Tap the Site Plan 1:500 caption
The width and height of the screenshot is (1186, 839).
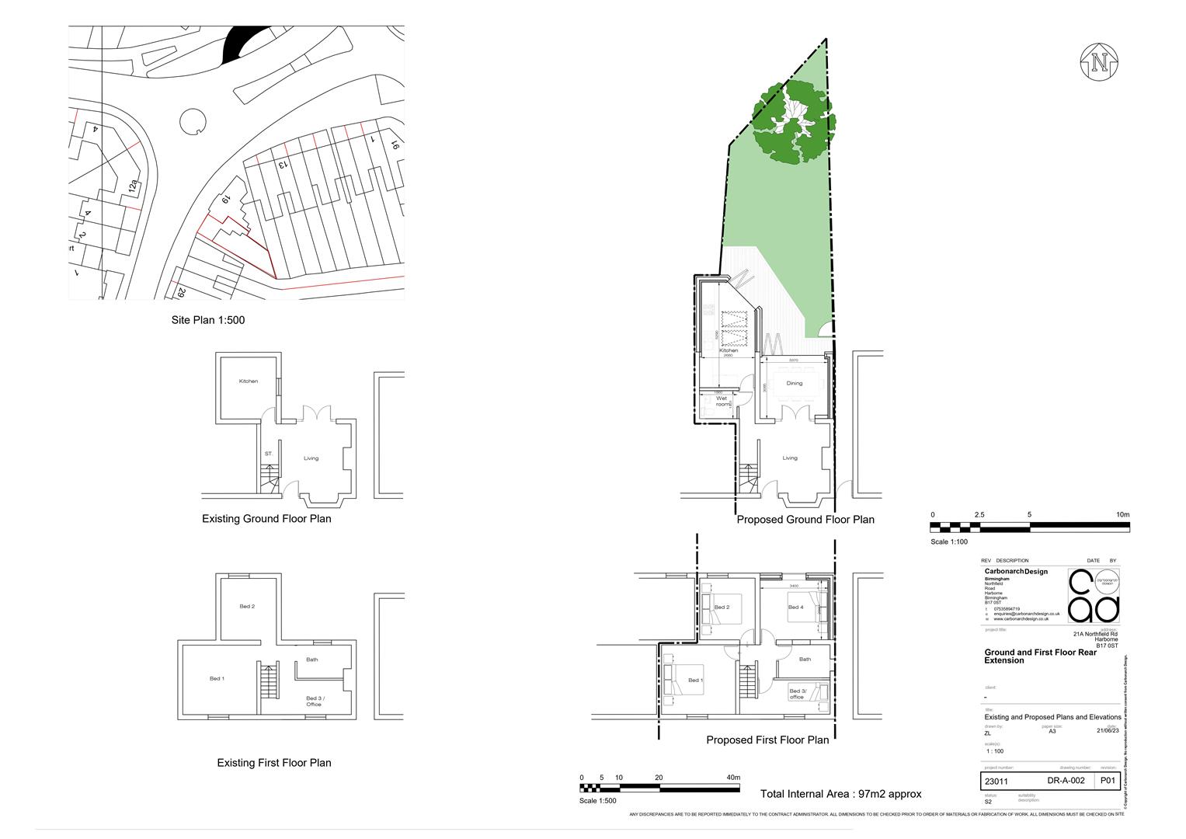(x=208, y=320)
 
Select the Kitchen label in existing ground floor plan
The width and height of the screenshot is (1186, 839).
(x=248, y=381)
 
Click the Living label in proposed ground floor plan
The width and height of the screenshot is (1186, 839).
(x=789, y=458)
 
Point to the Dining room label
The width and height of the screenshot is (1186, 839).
(x=794, y=384)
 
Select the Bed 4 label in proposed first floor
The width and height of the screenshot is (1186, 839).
(x=795, y=607)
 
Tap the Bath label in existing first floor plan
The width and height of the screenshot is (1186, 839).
(x=311, y=660)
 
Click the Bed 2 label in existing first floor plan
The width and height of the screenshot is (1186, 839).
(x=247, y=607)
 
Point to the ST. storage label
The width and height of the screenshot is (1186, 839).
(x=269, y=454)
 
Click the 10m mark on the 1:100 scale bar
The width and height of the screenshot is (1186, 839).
(x=1122, y=515)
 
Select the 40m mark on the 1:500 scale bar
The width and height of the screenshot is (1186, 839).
(x=732, y=778)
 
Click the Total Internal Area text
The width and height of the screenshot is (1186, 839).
(x=840, y=794)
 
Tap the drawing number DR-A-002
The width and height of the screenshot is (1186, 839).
(x=1066, y=782)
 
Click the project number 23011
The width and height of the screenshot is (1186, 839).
(x=996, y=782)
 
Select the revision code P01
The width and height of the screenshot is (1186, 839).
(x=1107, y=782)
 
